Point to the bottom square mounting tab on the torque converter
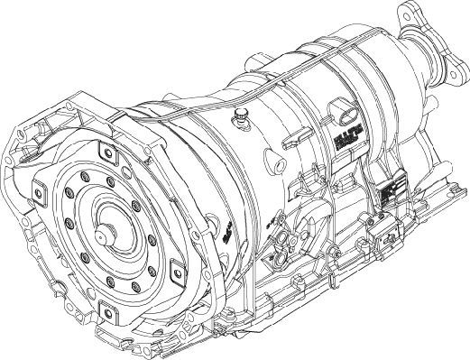coord(106,309)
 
